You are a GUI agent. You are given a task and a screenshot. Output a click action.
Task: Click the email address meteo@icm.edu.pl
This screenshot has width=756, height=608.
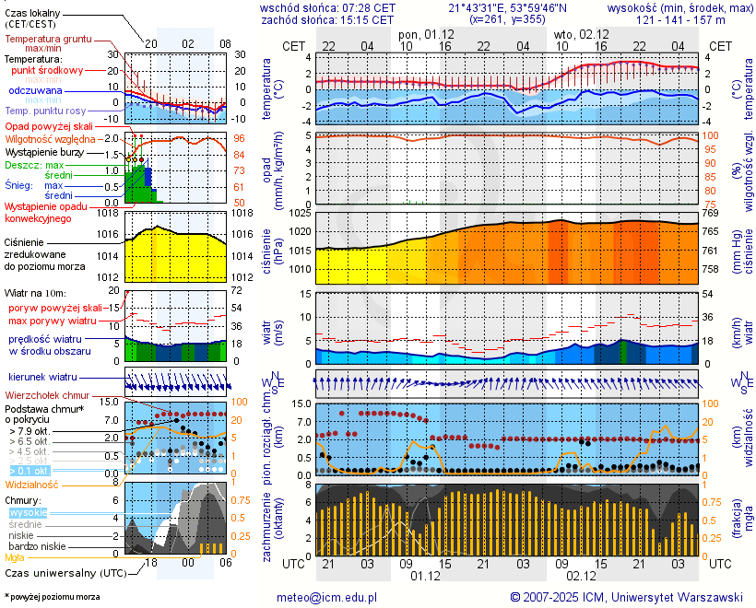coord(327,597)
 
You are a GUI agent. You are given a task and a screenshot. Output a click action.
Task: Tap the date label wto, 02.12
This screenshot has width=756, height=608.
coord(580,34)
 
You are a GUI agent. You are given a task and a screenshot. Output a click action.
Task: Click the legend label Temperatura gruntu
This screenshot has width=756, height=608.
coord(48,40)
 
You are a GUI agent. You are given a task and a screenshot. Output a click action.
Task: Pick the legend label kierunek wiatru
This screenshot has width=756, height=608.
coord(42,378)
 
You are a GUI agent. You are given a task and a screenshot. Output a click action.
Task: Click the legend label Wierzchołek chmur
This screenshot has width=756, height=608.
coord(45,395)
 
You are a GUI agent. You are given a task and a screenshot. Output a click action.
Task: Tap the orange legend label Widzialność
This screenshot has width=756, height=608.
coord(32,484)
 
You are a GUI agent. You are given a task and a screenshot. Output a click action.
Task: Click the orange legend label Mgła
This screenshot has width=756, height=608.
coord(15,557)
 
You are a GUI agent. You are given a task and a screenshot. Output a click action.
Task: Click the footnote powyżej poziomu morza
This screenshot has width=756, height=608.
coord(52,597)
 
